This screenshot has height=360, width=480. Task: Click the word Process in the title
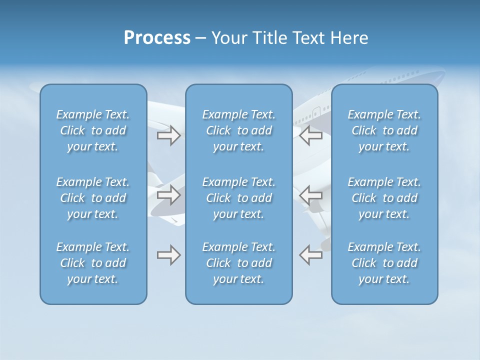[x=157, y=38]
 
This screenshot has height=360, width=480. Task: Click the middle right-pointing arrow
[x=168, y=194]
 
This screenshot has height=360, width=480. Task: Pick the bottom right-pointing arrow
[x=168, y=255]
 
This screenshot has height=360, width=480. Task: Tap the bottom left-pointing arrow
[x=311, y=255]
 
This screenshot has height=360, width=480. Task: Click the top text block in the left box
[x=93, y=130]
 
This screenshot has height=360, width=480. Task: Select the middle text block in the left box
[x=93, y=198]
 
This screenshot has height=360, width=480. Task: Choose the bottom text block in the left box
[x=93, y=263]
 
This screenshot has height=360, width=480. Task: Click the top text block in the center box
[x=239, y=130]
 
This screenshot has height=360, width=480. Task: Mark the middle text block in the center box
[x=239, y=198]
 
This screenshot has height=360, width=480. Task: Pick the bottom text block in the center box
[x=239, y=263]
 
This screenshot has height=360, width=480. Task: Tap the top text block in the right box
[x=384, y=130]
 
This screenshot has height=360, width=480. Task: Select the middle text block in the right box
[x=384, y=198]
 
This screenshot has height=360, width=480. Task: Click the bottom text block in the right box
[x=384, y=263]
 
